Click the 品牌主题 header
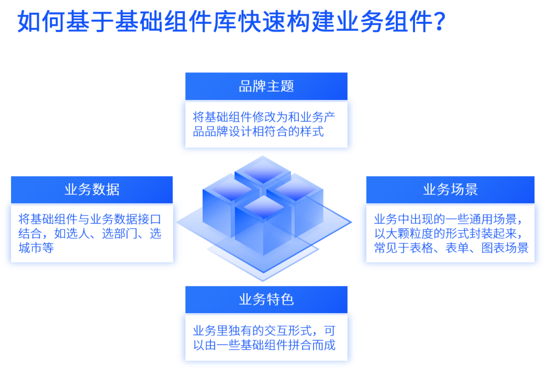point(266,86)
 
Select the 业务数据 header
point(92,190)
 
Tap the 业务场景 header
point(450,190)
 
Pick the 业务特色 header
point(266,300)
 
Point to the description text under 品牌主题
point(263,125)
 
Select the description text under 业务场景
point(450,233)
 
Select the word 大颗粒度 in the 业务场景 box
point(416,234)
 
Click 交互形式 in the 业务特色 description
point(284,332)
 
